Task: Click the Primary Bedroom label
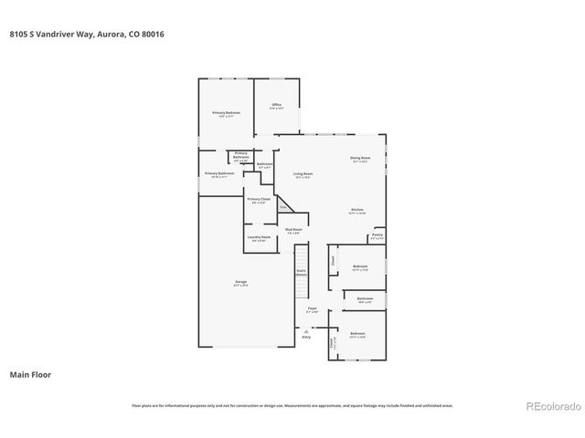tap(226, 114)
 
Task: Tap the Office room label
tap(276, 106)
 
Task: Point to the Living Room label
tap(303, 175)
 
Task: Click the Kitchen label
tap(357, 211)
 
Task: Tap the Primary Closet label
tap(258, 200)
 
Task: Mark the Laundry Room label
tap(260, 238)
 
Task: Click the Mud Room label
tap(293, 231)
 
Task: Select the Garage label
tap(240, 284)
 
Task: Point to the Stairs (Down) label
tap(300, 272)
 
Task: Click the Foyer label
tap(312, 310)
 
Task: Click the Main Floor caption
tap(30, 374)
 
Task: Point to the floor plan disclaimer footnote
tap(292, 405)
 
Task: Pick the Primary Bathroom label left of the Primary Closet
tap(220, 174)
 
